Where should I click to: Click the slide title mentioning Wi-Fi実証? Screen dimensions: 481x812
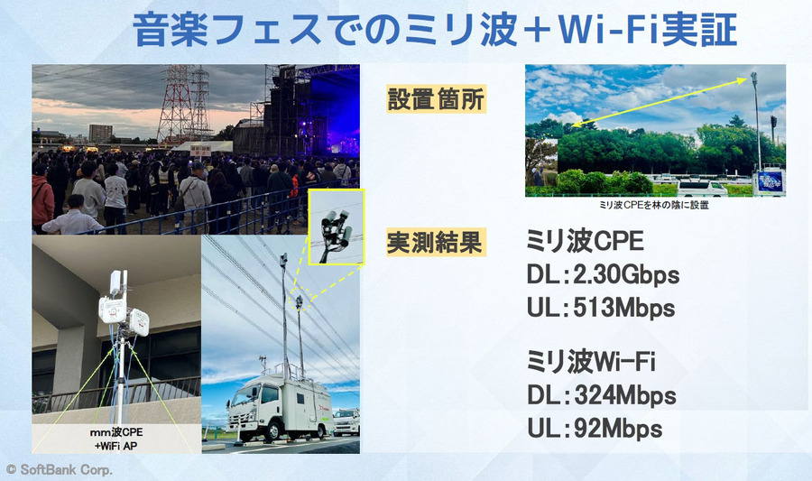point(436,30)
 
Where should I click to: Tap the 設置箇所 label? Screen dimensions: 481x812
point(437,98)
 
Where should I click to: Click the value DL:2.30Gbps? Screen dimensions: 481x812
point(602,273)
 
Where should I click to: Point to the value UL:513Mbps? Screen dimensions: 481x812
point(600,307)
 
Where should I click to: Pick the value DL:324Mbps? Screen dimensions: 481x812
point(601,395)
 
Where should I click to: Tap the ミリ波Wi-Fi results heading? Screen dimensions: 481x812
point(590,363)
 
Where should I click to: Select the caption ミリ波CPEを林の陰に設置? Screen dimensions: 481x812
point(655,205)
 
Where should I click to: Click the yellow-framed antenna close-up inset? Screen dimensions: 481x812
point(337,226)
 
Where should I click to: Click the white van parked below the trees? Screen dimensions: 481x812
point(702,187)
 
